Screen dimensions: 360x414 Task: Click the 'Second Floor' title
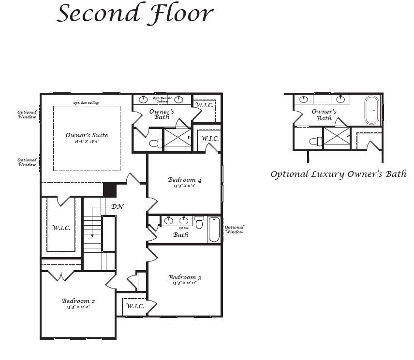pyautogui.click(x=135, y=13)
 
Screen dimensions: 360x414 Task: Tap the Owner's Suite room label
pyautogui.click(x=87, y=136)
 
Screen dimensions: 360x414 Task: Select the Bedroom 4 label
pyautogui.click(x=184, y=180)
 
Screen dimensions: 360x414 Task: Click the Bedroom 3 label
pyautogui.click(x=184, y=277)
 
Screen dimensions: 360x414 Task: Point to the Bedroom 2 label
pyautogui.click(x=78, y=301)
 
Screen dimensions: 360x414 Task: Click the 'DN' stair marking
pyautogui.click(x=117, y=207)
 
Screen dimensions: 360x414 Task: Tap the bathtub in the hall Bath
pyautogui.click(x=214, y=230)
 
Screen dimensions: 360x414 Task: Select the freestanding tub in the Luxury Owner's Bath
pyautogui.click(x=371, y=110)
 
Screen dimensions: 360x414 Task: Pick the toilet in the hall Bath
pyautogui.click(x=199, y=223)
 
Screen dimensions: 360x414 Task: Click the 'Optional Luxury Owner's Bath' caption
pyautogui.click(x=338, y=174)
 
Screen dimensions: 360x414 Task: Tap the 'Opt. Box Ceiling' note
pyautogui.click(x=86, y=103)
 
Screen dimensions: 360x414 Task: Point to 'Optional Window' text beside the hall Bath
pyautogui.click(x=235, y=230)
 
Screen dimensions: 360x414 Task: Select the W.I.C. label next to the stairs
pyautogui.click(x=61, y=228)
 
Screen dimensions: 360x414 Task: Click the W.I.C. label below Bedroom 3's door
pyautogui.click(x=135, y=306)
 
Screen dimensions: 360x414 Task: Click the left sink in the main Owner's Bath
pyautogui.click(x=144, y=100)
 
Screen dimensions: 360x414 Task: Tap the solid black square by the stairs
pyautogui.click(x=110, y=189)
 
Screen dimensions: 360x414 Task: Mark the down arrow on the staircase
pyautogui.click(x=92, y=234)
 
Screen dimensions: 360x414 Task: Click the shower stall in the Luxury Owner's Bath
pyautogui.click(x=337, y=137)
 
